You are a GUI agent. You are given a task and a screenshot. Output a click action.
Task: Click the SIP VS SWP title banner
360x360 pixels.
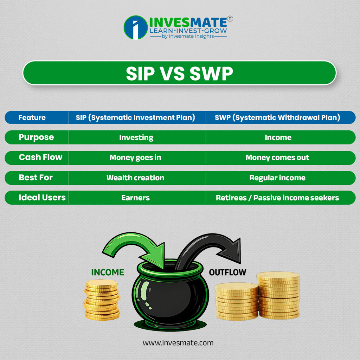pyautogui.click(x=179, y=73)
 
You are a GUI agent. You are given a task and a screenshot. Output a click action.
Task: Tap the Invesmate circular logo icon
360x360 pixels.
pyautogui.click(x=135, y=27)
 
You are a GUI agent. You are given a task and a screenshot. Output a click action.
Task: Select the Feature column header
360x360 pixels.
pyautogui.click(x=32, y=118)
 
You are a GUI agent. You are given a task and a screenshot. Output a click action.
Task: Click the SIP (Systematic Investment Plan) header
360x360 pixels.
pyautogui.click(x=135, y=118)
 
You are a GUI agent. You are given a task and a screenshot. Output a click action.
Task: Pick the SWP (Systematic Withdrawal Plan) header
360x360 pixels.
pyautogui.click(x=277, y=118)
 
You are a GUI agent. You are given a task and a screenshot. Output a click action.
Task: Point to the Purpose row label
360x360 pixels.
pyautogui.click(x=36, y=137)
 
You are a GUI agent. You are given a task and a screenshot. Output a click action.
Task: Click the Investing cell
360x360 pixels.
pyautogui.click(x=136, y=137)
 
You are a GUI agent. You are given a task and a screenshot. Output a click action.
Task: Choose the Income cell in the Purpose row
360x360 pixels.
pyautogui.click(x=278, y=137)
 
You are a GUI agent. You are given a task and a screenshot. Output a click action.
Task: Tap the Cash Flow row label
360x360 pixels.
pyautogui.click(x=40, y=157)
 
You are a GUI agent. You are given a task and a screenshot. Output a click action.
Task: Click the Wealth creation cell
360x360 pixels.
pyautogui.click(x=135, y=178)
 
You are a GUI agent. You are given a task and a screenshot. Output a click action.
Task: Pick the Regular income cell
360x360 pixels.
pyautogui.click(x=277, y=178)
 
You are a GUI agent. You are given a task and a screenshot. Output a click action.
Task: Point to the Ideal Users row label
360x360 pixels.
pyautogui.click(x=42, y=198)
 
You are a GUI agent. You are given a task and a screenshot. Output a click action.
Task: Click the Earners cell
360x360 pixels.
pyautogui.click(x=135, y=198)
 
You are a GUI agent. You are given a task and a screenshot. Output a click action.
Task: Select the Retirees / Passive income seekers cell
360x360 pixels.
pyautogui.click(x=277, y=198)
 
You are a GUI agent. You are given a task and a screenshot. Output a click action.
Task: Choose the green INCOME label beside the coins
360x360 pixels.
pyautogui.click(x=108, y=272)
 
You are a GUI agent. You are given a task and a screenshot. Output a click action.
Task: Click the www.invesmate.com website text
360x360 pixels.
pyautogui.click(x=178, y=342)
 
